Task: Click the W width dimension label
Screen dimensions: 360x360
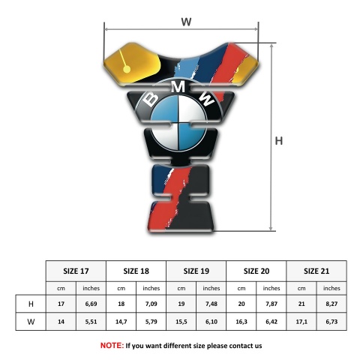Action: click(186, 22)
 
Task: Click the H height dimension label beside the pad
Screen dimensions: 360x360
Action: click(279, 141)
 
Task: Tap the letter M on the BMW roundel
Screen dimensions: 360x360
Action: click(178, 87)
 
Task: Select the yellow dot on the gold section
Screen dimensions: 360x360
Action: click(127, 69)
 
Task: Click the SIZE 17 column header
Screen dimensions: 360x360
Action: click(76, 271)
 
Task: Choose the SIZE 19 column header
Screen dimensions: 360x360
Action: click(196, 271)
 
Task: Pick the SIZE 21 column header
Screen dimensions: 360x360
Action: click(316, 271)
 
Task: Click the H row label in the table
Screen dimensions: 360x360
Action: click(31, 304)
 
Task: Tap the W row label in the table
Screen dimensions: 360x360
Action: click(31, 322)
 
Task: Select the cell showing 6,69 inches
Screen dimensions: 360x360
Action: click(91, 304)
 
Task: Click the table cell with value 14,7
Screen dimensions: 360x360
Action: click(121, 322)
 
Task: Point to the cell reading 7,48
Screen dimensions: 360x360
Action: click(211, 304)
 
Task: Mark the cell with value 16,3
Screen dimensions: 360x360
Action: click(241, 322)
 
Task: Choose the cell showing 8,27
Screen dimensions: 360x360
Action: click(331, 304)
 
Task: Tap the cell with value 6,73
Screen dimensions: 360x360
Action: click(331, 322)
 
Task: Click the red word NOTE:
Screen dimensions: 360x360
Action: click(112, 346)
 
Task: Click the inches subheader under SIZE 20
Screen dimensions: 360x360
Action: click(271, 288)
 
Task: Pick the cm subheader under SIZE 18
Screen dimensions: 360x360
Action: click(121, 289)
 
